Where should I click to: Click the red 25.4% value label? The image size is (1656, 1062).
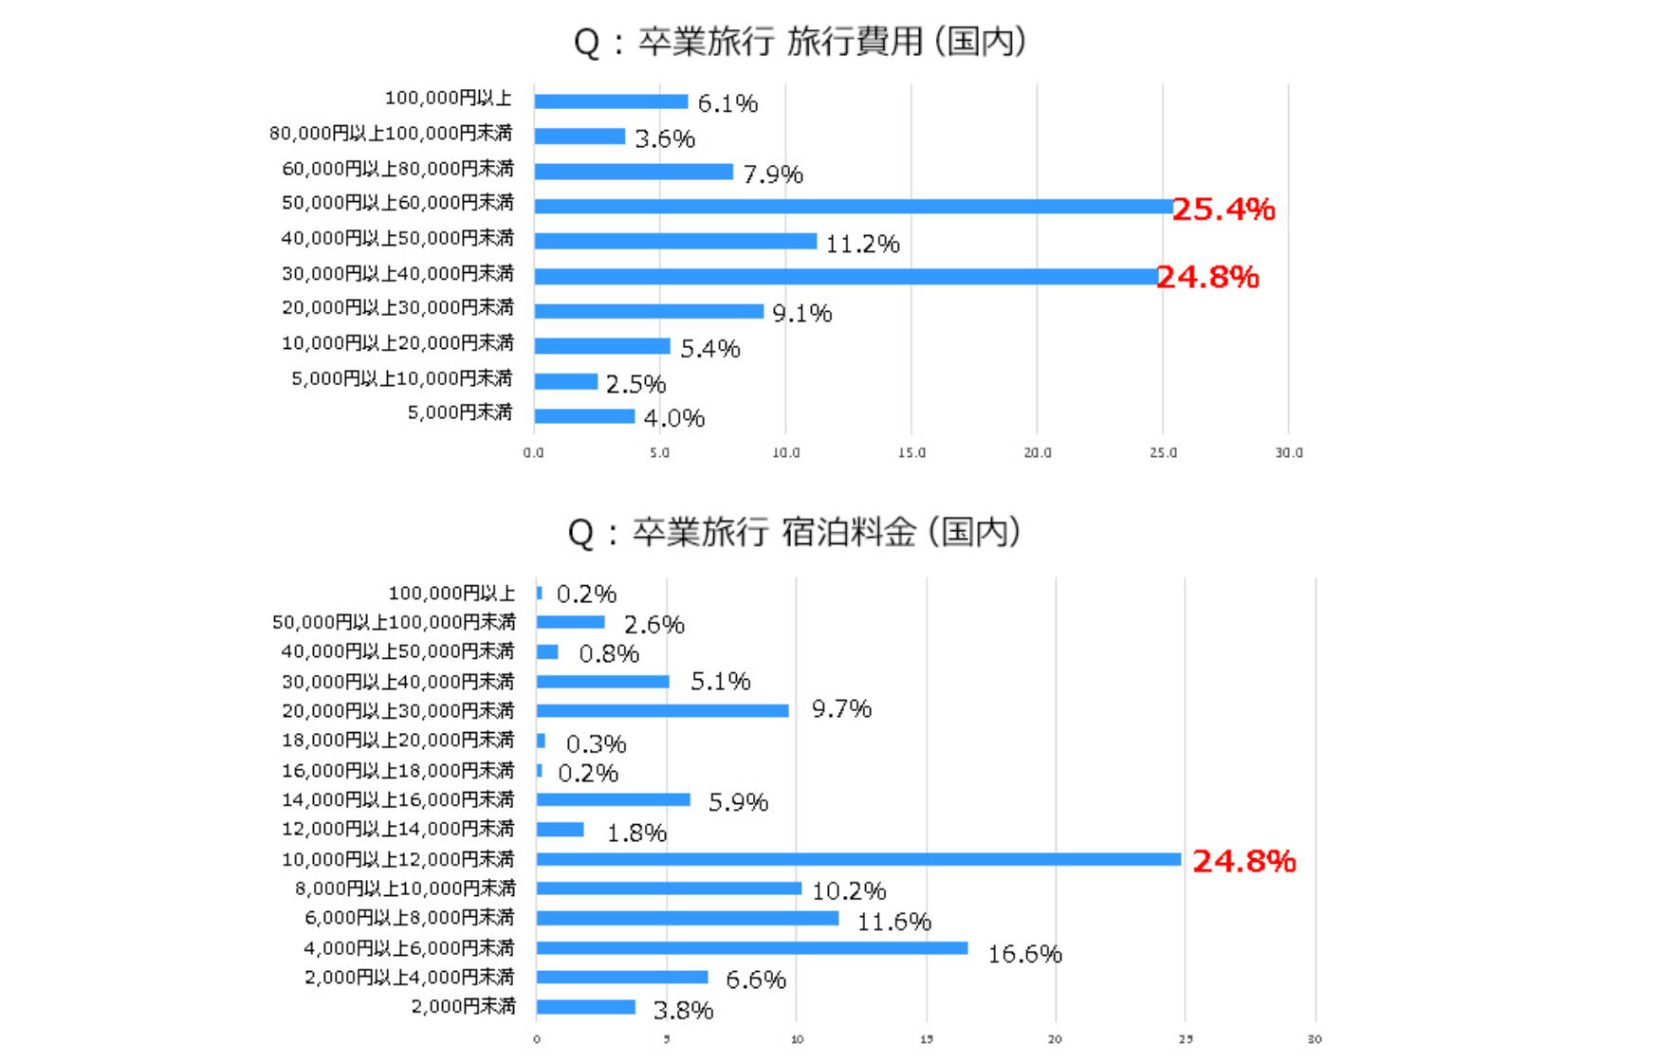[1224, 209]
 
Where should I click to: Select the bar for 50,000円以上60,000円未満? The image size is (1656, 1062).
[854, 206]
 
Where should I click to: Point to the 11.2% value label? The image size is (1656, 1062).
[862, 244]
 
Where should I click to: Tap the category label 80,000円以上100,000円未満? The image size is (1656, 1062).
[391, 134]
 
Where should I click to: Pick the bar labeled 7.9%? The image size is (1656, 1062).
[634, 172]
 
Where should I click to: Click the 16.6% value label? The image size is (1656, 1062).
[1024, 954]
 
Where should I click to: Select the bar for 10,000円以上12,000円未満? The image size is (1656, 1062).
[858, 859]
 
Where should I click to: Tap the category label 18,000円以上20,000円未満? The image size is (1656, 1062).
[398, 740]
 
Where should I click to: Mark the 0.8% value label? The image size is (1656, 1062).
[609, 653]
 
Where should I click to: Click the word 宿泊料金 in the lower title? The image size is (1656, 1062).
[849, 532]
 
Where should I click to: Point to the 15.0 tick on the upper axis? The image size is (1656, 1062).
[911, 453]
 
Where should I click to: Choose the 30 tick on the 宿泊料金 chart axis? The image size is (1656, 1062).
[1315, 1040]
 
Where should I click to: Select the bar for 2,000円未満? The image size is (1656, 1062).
[586, 1007]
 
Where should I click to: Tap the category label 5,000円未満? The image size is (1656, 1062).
[460, 412]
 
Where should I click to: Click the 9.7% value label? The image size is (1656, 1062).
[841, 708]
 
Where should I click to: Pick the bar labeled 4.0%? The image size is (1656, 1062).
[584, 416]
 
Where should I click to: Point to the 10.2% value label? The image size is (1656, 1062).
[849, 891]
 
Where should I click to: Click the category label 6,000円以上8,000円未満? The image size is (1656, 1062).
[410, 918]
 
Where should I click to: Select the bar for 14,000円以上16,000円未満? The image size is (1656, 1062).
[614, 800]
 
